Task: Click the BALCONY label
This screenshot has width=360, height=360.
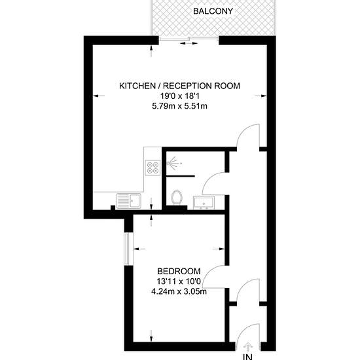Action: [x=213, y=11]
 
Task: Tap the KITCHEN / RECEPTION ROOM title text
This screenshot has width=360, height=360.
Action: [x=179, y=86]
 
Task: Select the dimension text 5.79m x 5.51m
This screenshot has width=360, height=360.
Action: [x=179, y=106]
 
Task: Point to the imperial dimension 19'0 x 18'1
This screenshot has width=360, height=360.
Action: [x=179, y=96]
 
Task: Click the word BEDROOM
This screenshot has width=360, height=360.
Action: [x=179, y=272]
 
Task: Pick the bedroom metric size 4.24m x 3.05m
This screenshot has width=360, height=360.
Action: [x=179, y=291]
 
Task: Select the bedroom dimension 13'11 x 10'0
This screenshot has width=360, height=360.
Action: [x=179, y=281]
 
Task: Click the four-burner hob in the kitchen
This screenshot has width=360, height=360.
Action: [x=153, y=168]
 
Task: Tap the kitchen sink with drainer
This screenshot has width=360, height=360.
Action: [x=129, y=201]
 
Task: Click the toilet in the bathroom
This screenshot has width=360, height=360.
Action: [x=177, y=198]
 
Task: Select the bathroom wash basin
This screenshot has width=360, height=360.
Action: [x=204, y=203]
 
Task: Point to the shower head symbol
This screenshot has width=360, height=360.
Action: [x=173, y=163]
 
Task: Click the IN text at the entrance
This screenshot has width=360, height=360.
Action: [x=248, y=357]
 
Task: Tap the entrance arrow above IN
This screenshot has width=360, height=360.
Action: [x=248, y=346]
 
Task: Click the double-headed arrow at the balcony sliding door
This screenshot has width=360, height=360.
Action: [x=189, y=43]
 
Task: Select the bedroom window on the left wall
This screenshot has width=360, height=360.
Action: [x=128, y=249]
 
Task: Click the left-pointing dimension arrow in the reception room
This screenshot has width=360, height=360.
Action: [x=98, y=96]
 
